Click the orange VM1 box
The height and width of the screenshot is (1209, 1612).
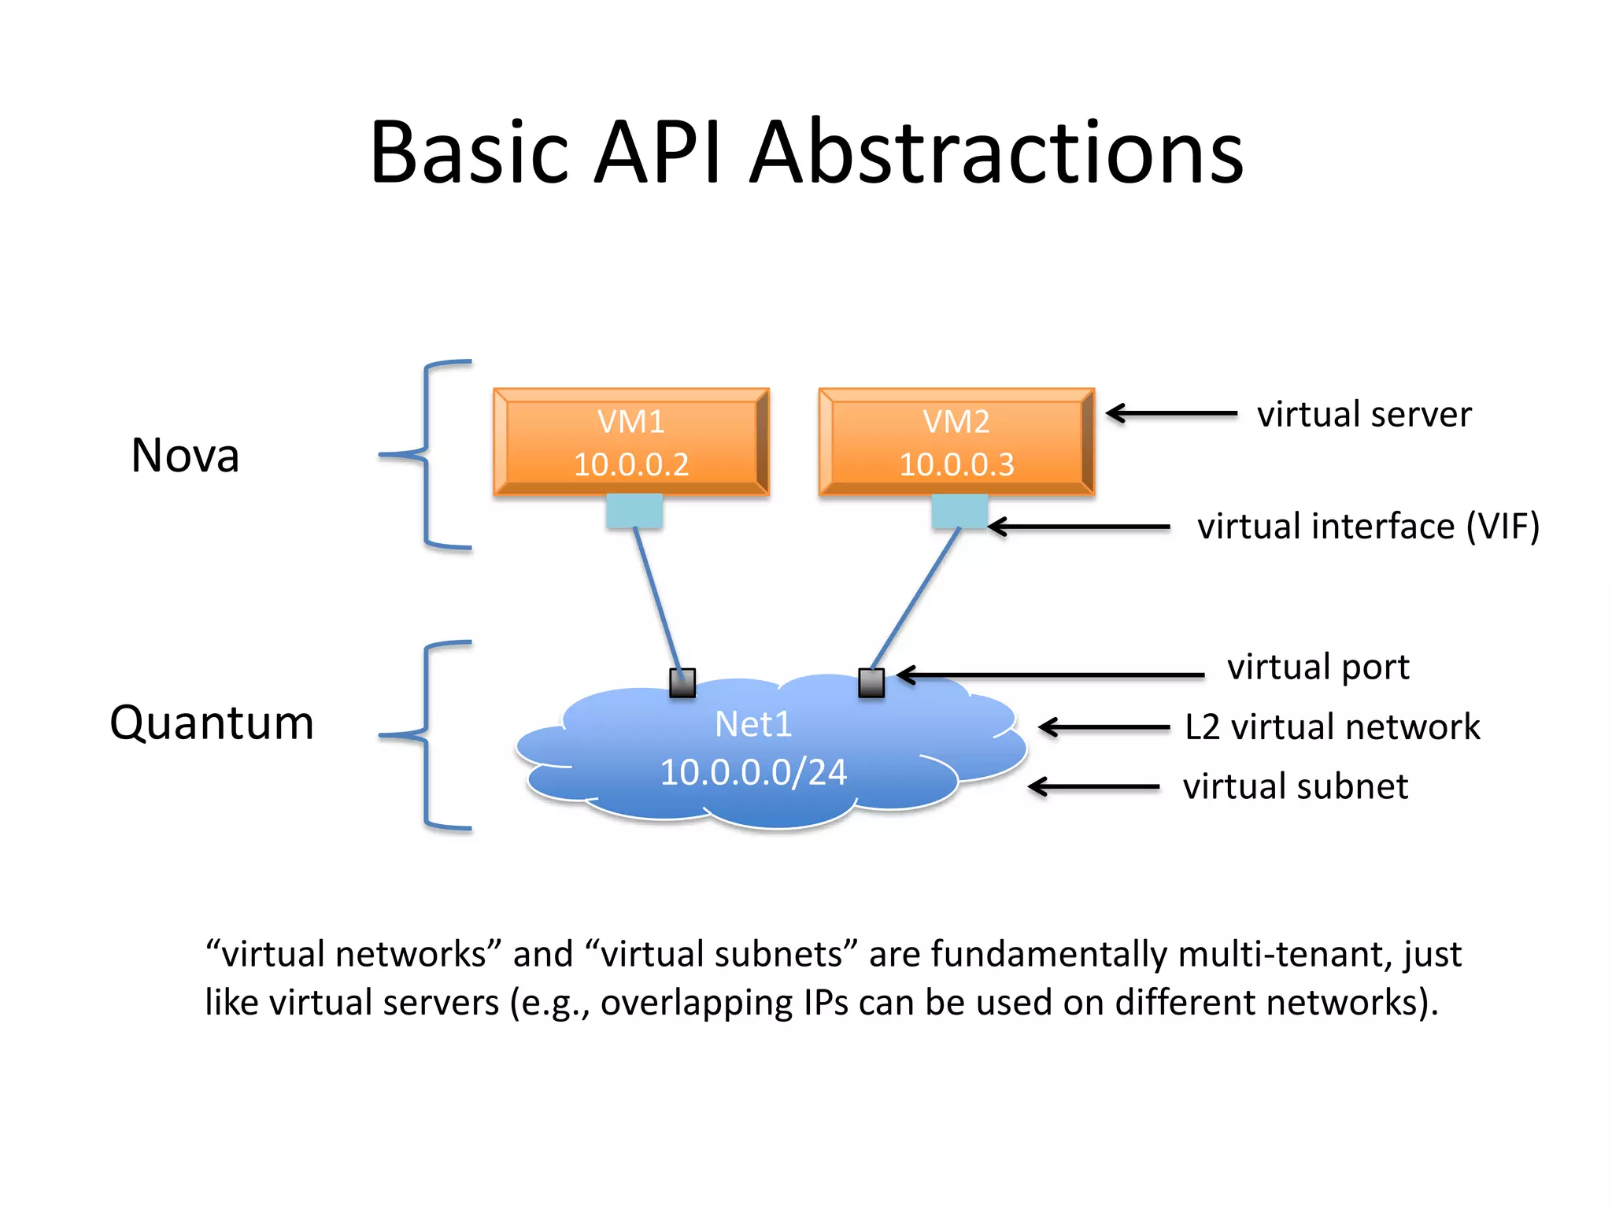tap(631, 442)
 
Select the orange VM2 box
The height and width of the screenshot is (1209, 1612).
tap(956, 442)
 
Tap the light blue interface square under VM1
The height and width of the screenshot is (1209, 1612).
tap(634, 511)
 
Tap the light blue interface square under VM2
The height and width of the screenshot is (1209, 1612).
tap(959, 511)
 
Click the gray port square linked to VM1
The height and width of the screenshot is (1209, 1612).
tap(682, 682)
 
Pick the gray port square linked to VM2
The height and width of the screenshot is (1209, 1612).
tap(871, 682)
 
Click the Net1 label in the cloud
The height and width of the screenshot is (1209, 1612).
tap(753, 724)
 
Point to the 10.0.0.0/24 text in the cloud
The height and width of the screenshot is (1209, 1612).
tap(753, 772)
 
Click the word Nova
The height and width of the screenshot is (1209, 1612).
tap(185, 455)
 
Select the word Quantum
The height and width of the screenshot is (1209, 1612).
tap(212, 723)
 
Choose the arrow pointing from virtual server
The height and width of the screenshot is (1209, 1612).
tap(1171, 413)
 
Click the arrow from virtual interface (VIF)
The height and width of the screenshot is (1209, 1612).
tap(1078, 527)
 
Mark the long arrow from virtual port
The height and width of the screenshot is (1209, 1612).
tap(1051, 675)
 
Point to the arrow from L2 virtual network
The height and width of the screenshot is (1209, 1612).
tap(1104, 727)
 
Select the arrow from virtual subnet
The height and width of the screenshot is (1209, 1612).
tap(1094, 786)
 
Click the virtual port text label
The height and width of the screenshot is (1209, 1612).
tap(1318, 667)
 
